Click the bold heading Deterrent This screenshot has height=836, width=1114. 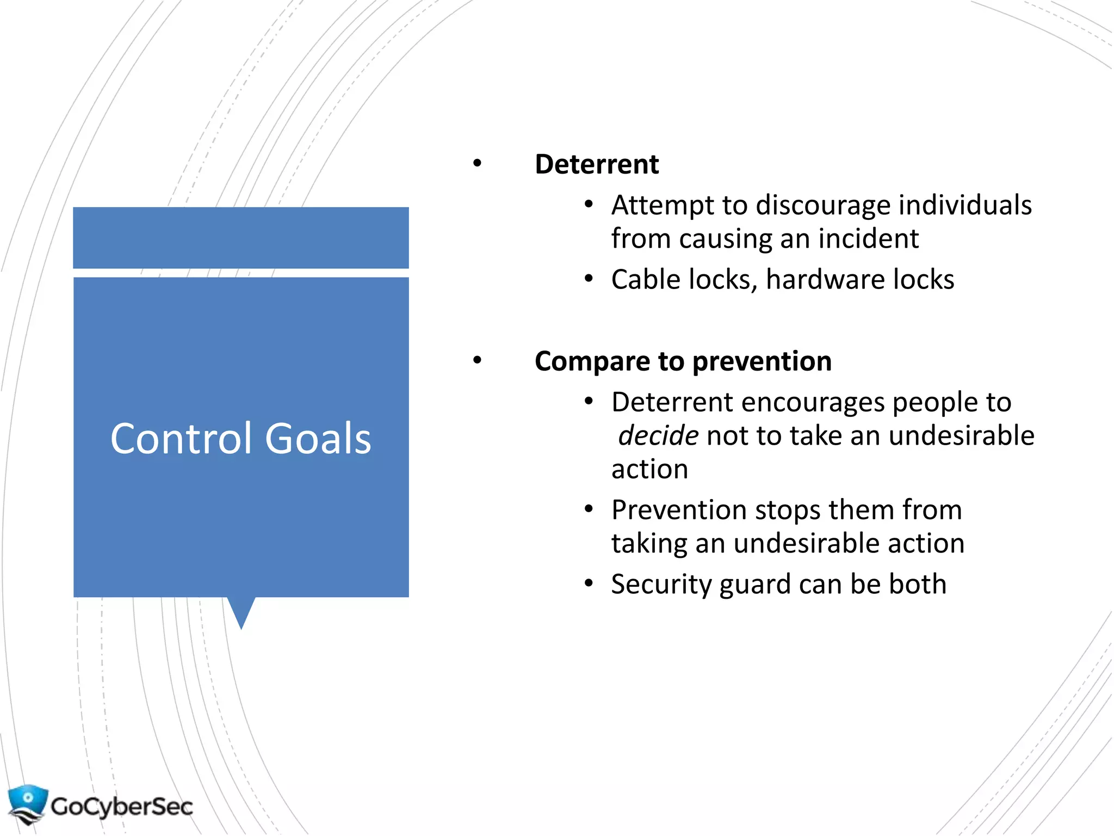[x=596, y=164]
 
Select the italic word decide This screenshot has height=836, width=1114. [x=658, y=436]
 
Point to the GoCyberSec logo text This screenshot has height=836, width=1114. [x=122, y=806]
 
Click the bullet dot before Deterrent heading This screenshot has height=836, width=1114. [x=477, y=163]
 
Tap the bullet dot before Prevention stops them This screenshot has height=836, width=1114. [x=589, y=509]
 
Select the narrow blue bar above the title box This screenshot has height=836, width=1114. [x=241, y=237]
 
